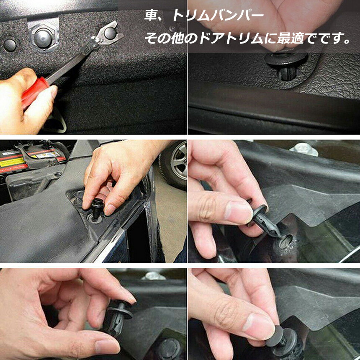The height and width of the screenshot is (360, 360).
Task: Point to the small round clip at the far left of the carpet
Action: click(x=10, y=45)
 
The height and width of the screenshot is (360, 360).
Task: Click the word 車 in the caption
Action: click(x=150, y=15)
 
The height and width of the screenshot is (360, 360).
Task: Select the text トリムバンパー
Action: click(x=218, y=15)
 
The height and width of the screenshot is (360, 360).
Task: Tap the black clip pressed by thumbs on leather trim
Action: click(x=286, y=66)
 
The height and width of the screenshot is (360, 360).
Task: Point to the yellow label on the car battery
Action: click(x=12, y=162)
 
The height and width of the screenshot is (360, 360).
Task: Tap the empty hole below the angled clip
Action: click(x=286, y=241)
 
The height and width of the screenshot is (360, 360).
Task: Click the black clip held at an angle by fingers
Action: click(x=264, y=221)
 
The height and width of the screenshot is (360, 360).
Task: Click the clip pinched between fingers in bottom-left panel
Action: click(x=117, y=317)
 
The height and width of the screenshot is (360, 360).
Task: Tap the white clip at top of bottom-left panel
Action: click(x=153, y=275)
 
